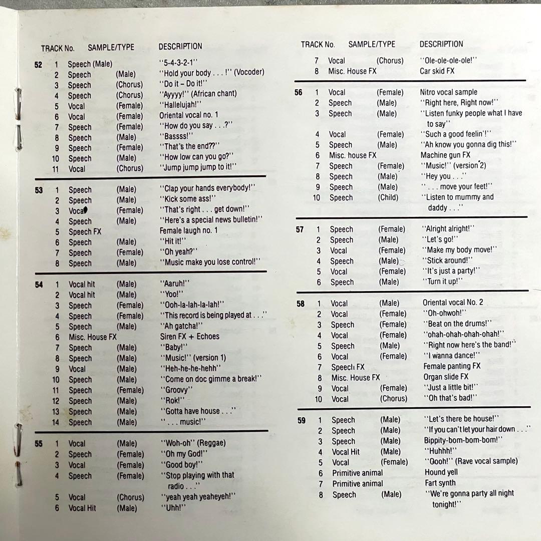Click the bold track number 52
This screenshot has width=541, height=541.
click(38, 64)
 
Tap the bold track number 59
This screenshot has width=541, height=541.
click(301, 420)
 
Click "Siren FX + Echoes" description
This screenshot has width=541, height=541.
click(189, 337)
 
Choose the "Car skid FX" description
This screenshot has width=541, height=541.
click(437, 71)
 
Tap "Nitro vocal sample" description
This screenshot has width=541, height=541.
click(448, 92)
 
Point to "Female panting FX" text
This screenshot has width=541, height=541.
click(452, 366)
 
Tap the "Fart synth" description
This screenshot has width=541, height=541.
click(440, 483)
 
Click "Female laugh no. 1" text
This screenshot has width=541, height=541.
click(188, 231)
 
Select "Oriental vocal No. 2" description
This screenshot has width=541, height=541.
click(453, 303)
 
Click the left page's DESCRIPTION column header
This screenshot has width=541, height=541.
click(180, 47)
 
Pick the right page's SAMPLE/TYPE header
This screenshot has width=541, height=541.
click(372, 45)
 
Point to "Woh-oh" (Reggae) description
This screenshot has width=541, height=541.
click(193, 443)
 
